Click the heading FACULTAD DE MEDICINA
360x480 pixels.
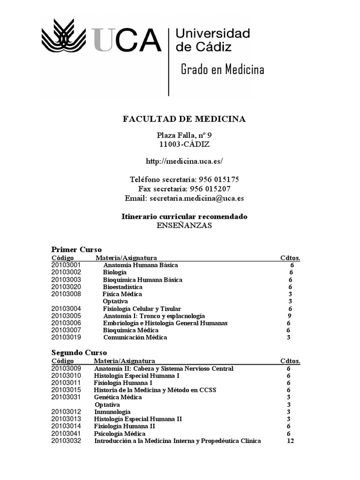pos(184,119)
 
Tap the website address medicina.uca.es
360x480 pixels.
pos(184,161)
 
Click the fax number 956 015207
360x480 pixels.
pos(210,188)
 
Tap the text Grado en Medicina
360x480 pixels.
pos(223,70)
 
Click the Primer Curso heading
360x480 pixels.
pos(76,249)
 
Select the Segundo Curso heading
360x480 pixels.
pos(79,352)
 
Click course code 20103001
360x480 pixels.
pos(66,265)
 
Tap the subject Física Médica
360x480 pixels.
pos(122,294)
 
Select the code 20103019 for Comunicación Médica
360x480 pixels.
pos(66,337)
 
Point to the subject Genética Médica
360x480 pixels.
pos(118,397)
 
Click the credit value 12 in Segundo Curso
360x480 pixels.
pos(290,441)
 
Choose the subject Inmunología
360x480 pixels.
pos(112,412)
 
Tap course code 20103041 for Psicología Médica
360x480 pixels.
pos(66,434)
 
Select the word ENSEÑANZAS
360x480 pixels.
pos(184,225)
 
